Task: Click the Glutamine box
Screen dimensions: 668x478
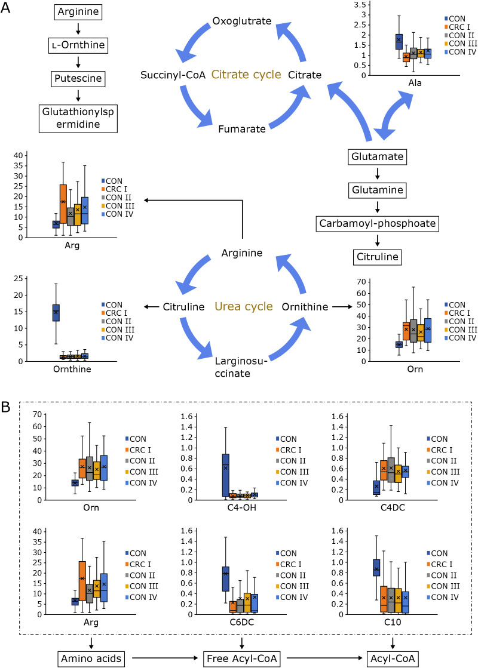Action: (377, 191)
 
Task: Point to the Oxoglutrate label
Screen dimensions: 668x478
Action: (241, 21)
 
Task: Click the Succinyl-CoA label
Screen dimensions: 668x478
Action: (173, 75)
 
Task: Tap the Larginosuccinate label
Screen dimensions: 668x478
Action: (241, 366)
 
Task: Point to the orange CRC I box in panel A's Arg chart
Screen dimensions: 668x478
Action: (63, 204)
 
